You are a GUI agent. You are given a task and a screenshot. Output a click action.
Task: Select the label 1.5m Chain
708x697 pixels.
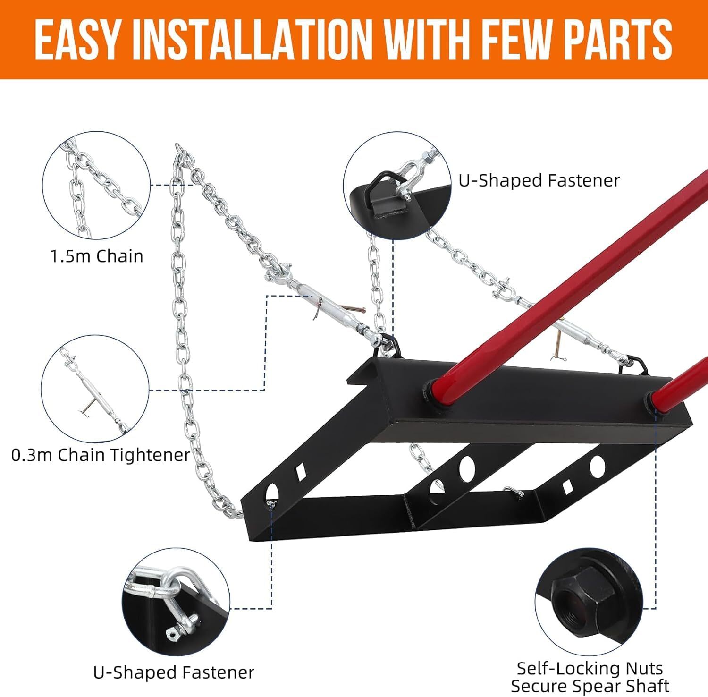[97, 256]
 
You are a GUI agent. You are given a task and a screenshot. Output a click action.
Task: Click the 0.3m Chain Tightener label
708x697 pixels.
[101, 455]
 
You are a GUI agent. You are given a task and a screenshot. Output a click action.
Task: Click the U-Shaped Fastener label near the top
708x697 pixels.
[539, 180]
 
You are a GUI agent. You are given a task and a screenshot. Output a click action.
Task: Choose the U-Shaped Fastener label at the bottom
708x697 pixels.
[174, 672]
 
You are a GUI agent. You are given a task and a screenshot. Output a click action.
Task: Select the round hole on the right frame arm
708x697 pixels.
[597, 466]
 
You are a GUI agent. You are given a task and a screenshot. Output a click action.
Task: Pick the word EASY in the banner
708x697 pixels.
[78, 40]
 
